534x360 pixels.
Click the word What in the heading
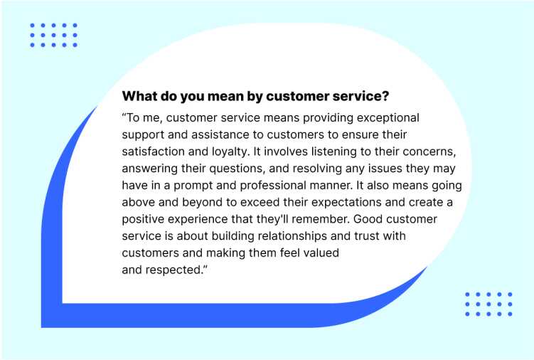pos(139,96)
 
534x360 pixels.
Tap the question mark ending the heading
pos(385,96)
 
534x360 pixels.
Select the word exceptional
pos(388,118)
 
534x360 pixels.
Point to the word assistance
pos(220,134)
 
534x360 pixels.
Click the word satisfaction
pos(154,152)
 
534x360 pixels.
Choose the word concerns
pos(429,152)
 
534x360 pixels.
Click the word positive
pos(143,220)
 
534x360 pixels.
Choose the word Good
pos(368,219)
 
